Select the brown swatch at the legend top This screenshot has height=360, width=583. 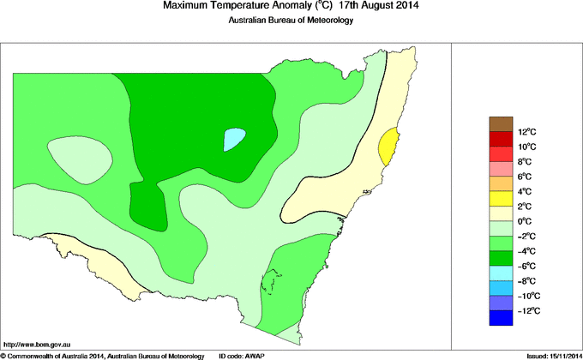(502, 123)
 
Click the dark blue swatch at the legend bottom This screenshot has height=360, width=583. (502, 319)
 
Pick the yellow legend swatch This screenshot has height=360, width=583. (502, 199)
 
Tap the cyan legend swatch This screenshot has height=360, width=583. (502, 273)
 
